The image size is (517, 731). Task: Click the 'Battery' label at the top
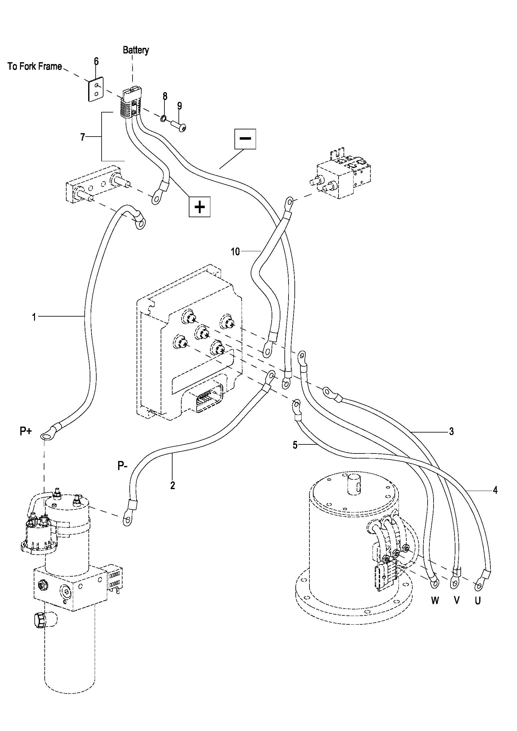(136, 50)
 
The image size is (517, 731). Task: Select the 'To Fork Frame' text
(35, 67)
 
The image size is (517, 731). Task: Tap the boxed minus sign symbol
(245, 138)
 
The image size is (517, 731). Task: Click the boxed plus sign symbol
(200, 207)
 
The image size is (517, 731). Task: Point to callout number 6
(96, 61)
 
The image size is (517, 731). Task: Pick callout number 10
(235, 252)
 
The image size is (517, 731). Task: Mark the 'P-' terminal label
(123, 466)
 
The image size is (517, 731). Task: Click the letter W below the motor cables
(435, 600)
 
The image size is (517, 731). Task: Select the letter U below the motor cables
(478, 600)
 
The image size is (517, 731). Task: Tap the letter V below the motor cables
(456, 600)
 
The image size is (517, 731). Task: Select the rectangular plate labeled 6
(96, 89)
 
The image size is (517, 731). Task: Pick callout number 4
(495, 491)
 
